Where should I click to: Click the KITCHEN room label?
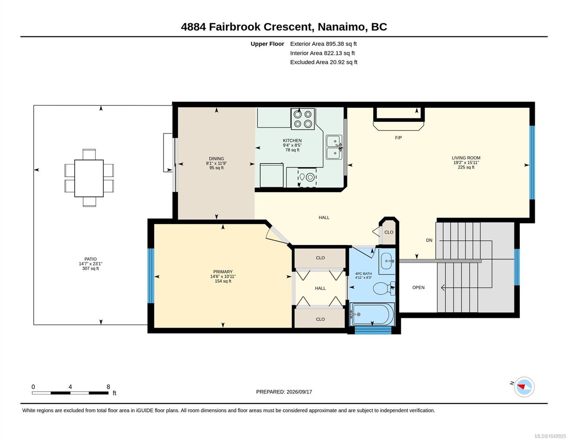pyautogui.click(x=292, y=140)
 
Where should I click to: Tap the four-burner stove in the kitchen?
pyautogui.click(x=303, y=119)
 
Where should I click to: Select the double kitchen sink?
pyautogui.click(x=334, y=147)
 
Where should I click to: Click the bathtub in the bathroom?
pyautogui.click(x=372, y=314)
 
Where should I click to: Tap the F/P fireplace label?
pyautogui.click(x=398, y=138)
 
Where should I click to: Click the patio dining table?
pyautogui.click(x=89, y=178)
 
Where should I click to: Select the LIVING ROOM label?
pyautogui.click(x=466, y=158)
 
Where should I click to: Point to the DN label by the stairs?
pyautogui.click(x=429, y=240)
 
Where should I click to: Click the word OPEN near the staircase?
pyautogui.click(x=418, y=287)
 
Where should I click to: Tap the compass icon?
pyautogui.click(x=524, y=387)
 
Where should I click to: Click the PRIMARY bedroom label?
pyautogui.click(x=223, y=272)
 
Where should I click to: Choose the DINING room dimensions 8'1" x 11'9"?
pyautogui.click(x=216, y=163)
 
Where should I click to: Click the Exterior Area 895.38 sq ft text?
pyautogui.click(x=323, y=44)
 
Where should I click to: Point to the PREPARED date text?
pyautogui.click(x=284, y=392)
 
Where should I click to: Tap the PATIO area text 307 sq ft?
pyautogui.click(x=90, y=268)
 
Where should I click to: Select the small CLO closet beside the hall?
pyautogui.click(x=389, y=232)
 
